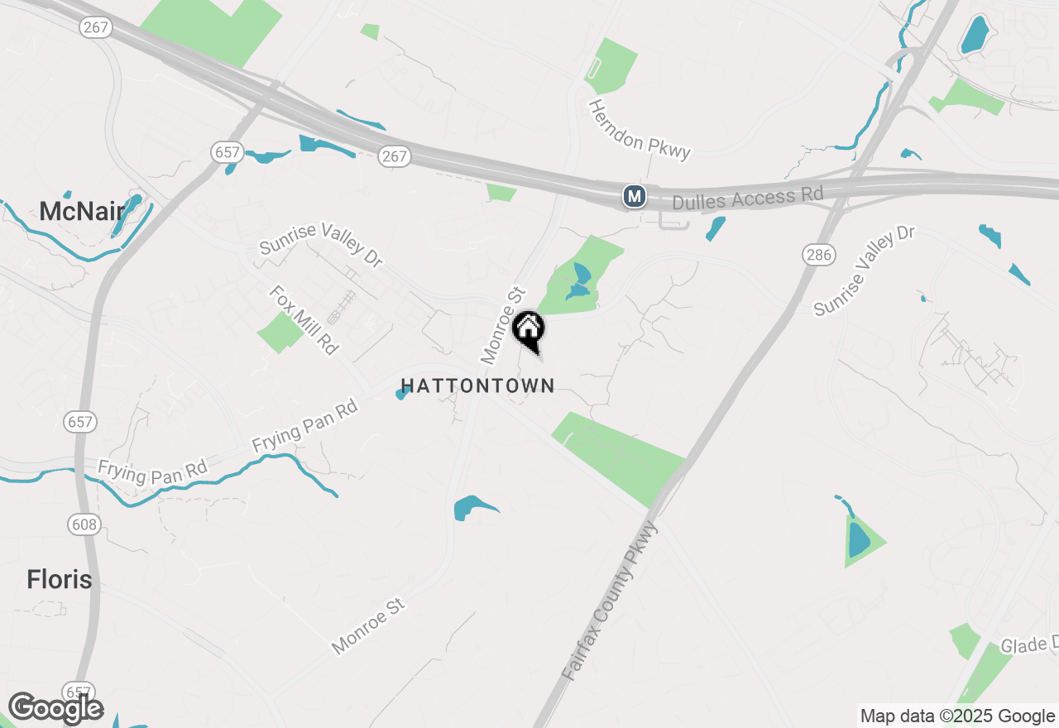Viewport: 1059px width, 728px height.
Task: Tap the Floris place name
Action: (59, 579)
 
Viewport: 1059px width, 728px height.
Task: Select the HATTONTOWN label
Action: (477, 386)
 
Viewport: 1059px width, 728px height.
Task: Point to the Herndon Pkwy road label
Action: (639, 129)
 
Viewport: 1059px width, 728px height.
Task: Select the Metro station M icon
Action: (635, 196)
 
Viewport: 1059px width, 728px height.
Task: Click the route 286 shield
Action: (818, 255)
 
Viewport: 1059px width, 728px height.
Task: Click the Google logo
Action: (55, 709)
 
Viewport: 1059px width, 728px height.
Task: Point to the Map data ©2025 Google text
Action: (957, 716)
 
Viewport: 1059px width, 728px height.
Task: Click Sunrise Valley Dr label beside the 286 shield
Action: (864, 270)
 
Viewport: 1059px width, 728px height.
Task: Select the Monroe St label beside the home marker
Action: (503, 325)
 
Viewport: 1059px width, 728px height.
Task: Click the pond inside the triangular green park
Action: (859, 539)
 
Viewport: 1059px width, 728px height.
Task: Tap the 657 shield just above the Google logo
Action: (79, 691)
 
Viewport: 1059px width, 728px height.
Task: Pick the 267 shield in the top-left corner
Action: (96, 27)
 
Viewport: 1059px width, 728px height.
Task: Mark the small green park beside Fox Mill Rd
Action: (280, 333)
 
